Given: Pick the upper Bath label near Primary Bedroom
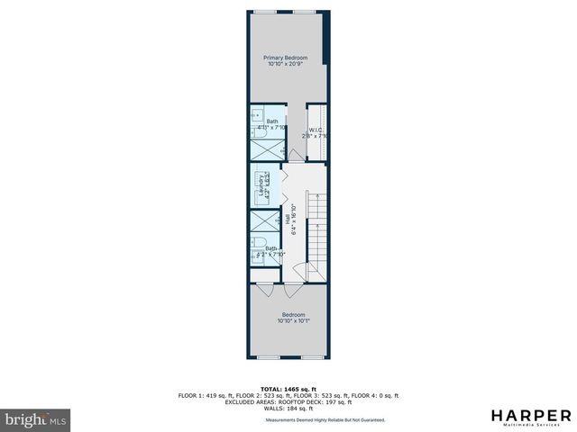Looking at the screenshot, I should (x=272, y=121).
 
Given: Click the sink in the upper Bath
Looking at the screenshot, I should (x=256, y=115).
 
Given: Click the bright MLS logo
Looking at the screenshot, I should (x=35, y=419).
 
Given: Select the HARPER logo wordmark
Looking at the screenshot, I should (x=531, y=415).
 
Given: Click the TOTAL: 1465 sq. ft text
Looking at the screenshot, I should (x=288, y=389).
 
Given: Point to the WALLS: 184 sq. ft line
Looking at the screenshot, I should (x=288, y=408).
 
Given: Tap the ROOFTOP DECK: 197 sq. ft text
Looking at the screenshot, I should (x=329, y=401).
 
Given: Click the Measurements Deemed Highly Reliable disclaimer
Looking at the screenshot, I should (x=325, y=420).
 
